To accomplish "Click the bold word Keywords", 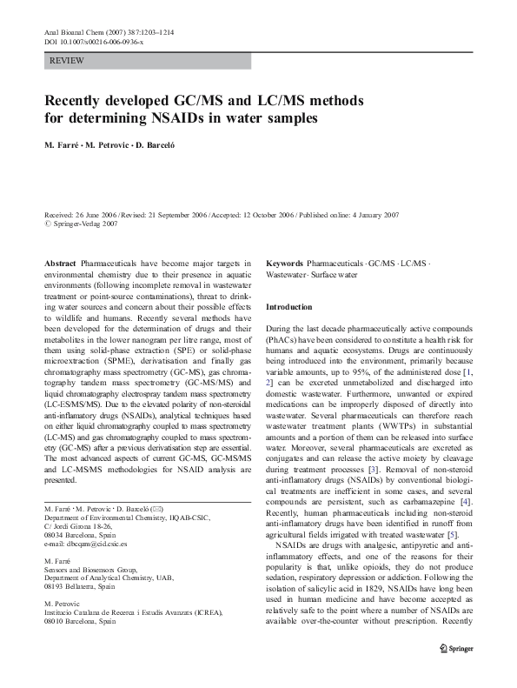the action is click(x=284, y=263).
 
